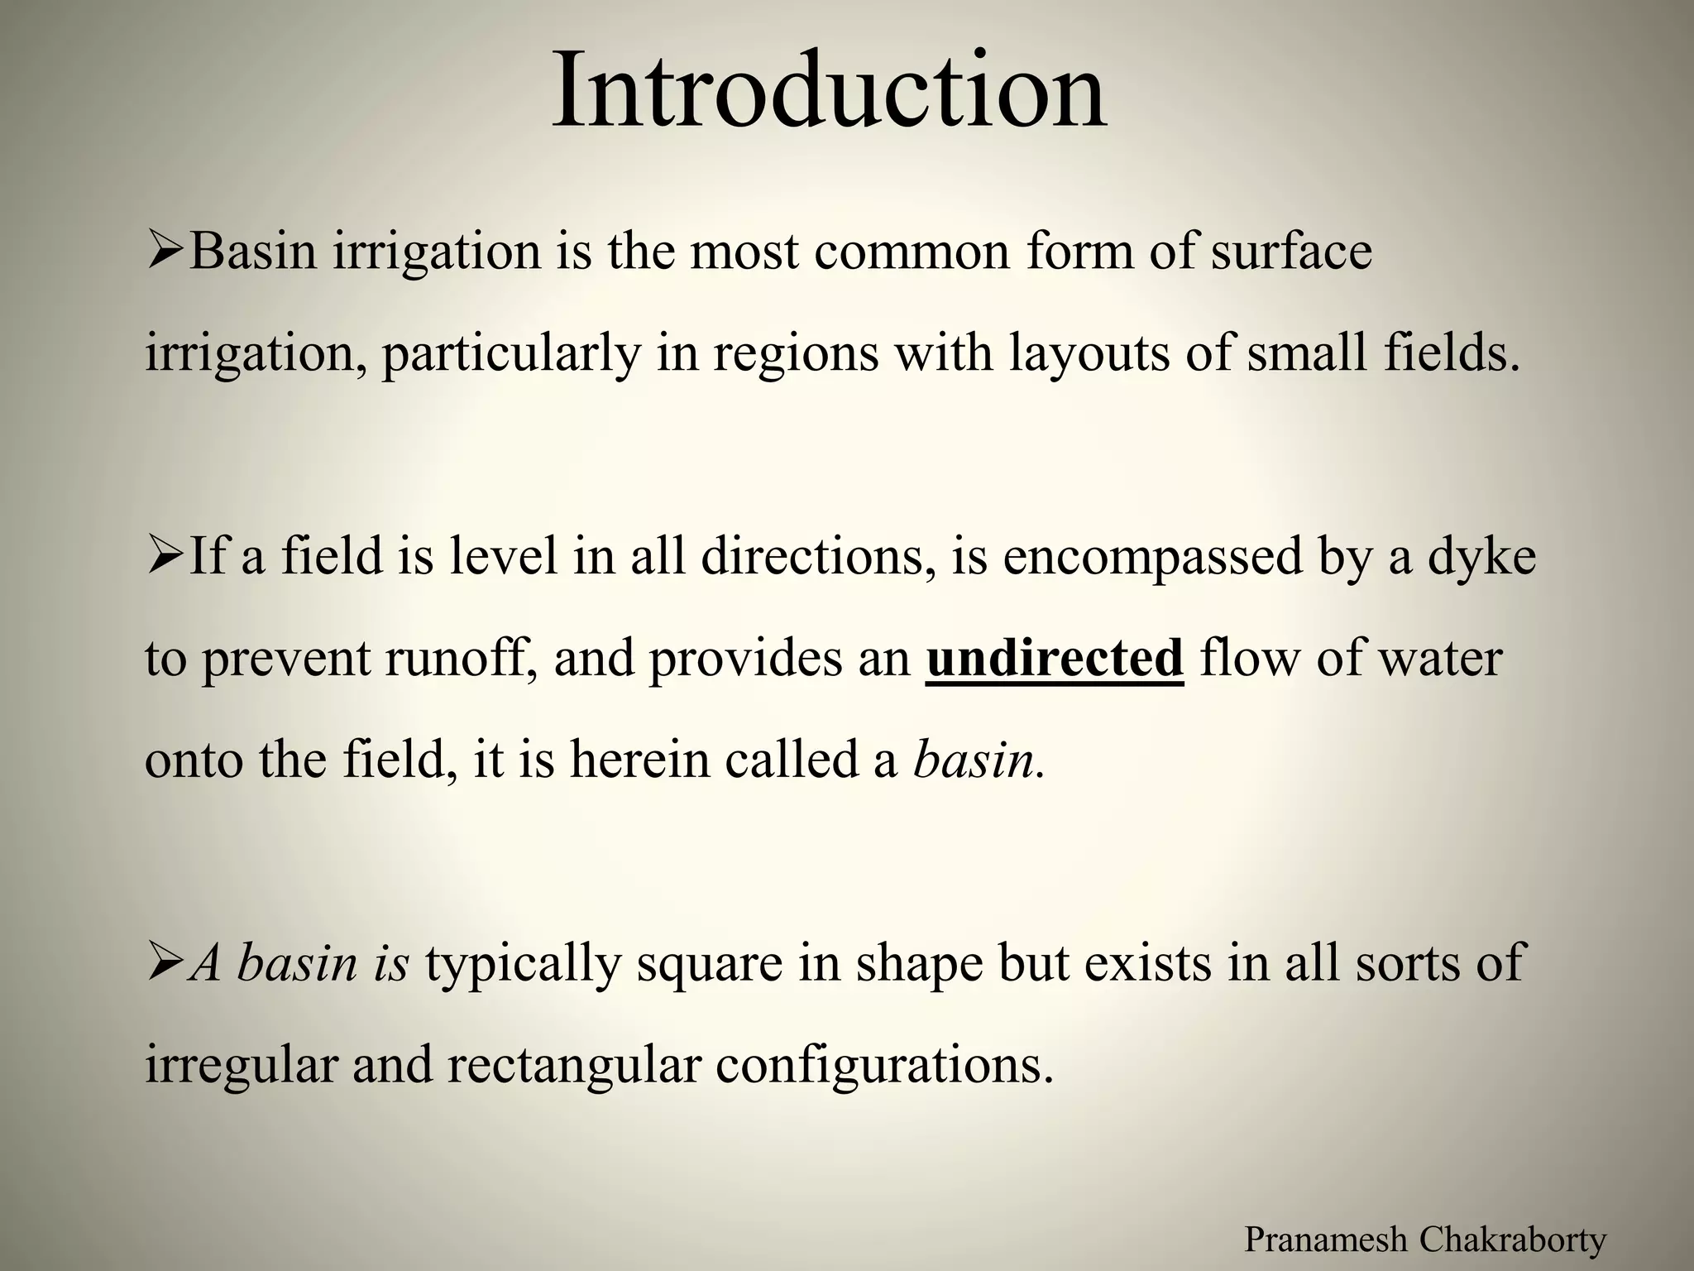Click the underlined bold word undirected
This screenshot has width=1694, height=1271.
pyautogui.click(x=1055, y=659)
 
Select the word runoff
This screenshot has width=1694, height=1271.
pyautogui.click(x=460, y=659)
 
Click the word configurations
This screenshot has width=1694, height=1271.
pyautogui.click(x=884, y=1066)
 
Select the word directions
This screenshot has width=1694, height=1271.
pyautogui.click(x=820, y=558)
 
